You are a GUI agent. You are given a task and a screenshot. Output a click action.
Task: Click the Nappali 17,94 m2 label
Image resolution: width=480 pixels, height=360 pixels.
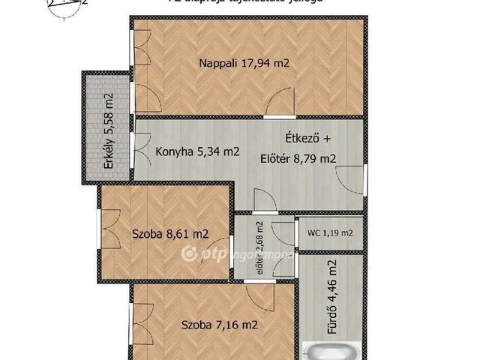click(244, 64)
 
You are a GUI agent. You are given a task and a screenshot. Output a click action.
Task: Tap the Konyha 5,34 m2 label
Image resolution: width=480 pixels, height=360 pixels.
click(197, 151)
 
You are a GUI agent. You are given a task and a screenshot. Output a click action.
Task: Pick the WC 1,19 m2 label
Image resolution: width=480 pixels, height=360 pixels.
click(329, 233)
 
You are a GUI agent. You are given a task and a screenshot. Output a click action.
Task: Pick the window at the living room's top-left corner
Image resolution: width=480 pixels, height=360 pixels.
click(139, 46)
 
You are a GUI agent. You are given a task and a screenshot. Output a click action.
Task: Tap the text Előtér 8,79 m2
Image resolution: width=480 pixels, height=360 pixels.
click(298, 158)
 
